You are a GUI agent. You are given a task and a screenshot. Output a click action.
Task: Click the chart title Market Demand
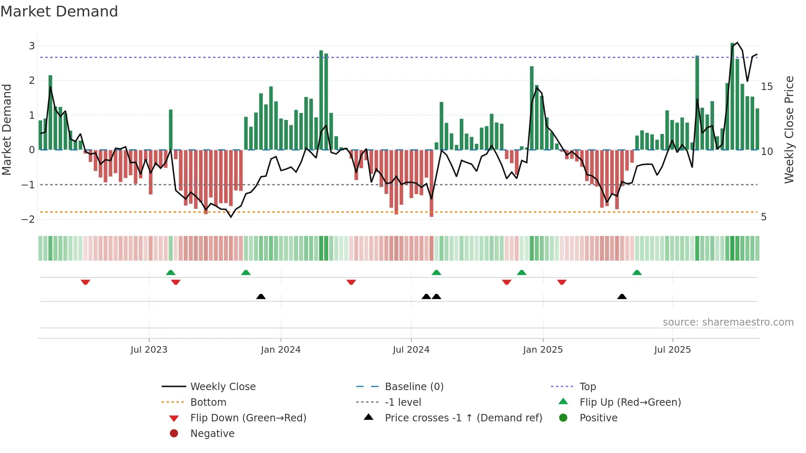click(59, 12)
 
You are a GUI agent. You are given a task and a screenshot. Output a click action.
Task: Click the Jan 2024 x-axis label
click(280, 350)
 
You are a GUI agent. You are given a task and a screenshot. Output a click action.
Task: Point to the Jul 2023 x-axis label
click(149, 350)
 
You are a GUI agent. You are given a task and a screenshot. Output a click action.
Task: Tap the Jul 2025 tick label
click(672, 350)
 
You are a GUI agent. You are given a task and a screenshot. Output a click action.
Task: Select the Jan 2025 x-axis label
click(543, 350)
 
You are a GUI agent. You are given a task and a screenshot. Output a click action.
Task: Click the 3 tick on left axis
click(32, 46)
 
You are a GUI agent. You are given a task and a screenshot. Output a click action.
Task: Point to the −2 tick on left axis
click(28, 220)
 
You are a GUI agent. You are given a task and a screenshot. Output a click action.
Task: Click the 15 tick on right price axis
click(767, 87)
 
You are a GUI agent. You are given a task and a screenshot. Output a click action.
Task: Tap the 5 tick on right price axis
click(764, 217)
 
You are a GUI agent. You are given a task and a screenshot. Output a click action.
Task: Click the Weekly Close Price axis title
click(789, 130)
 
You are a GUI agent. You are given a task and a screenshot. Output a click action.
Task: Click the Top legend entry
click(587, 387)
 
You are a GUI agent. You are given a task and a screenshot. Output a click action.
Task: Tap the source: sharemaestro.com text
click(728, 322)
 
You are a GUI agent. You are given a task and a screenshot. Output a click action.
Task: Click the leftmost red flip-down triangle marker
click(86, 282)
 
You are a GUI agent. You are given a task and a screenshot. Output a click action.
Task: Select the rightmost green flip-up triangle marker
click(637, 273)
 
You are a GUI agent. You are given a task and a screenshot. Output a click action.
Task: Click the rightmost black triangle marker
click(622, 296)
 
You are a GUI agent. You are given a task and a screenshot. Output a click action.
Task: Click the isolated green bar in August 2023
click(171, 129)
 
